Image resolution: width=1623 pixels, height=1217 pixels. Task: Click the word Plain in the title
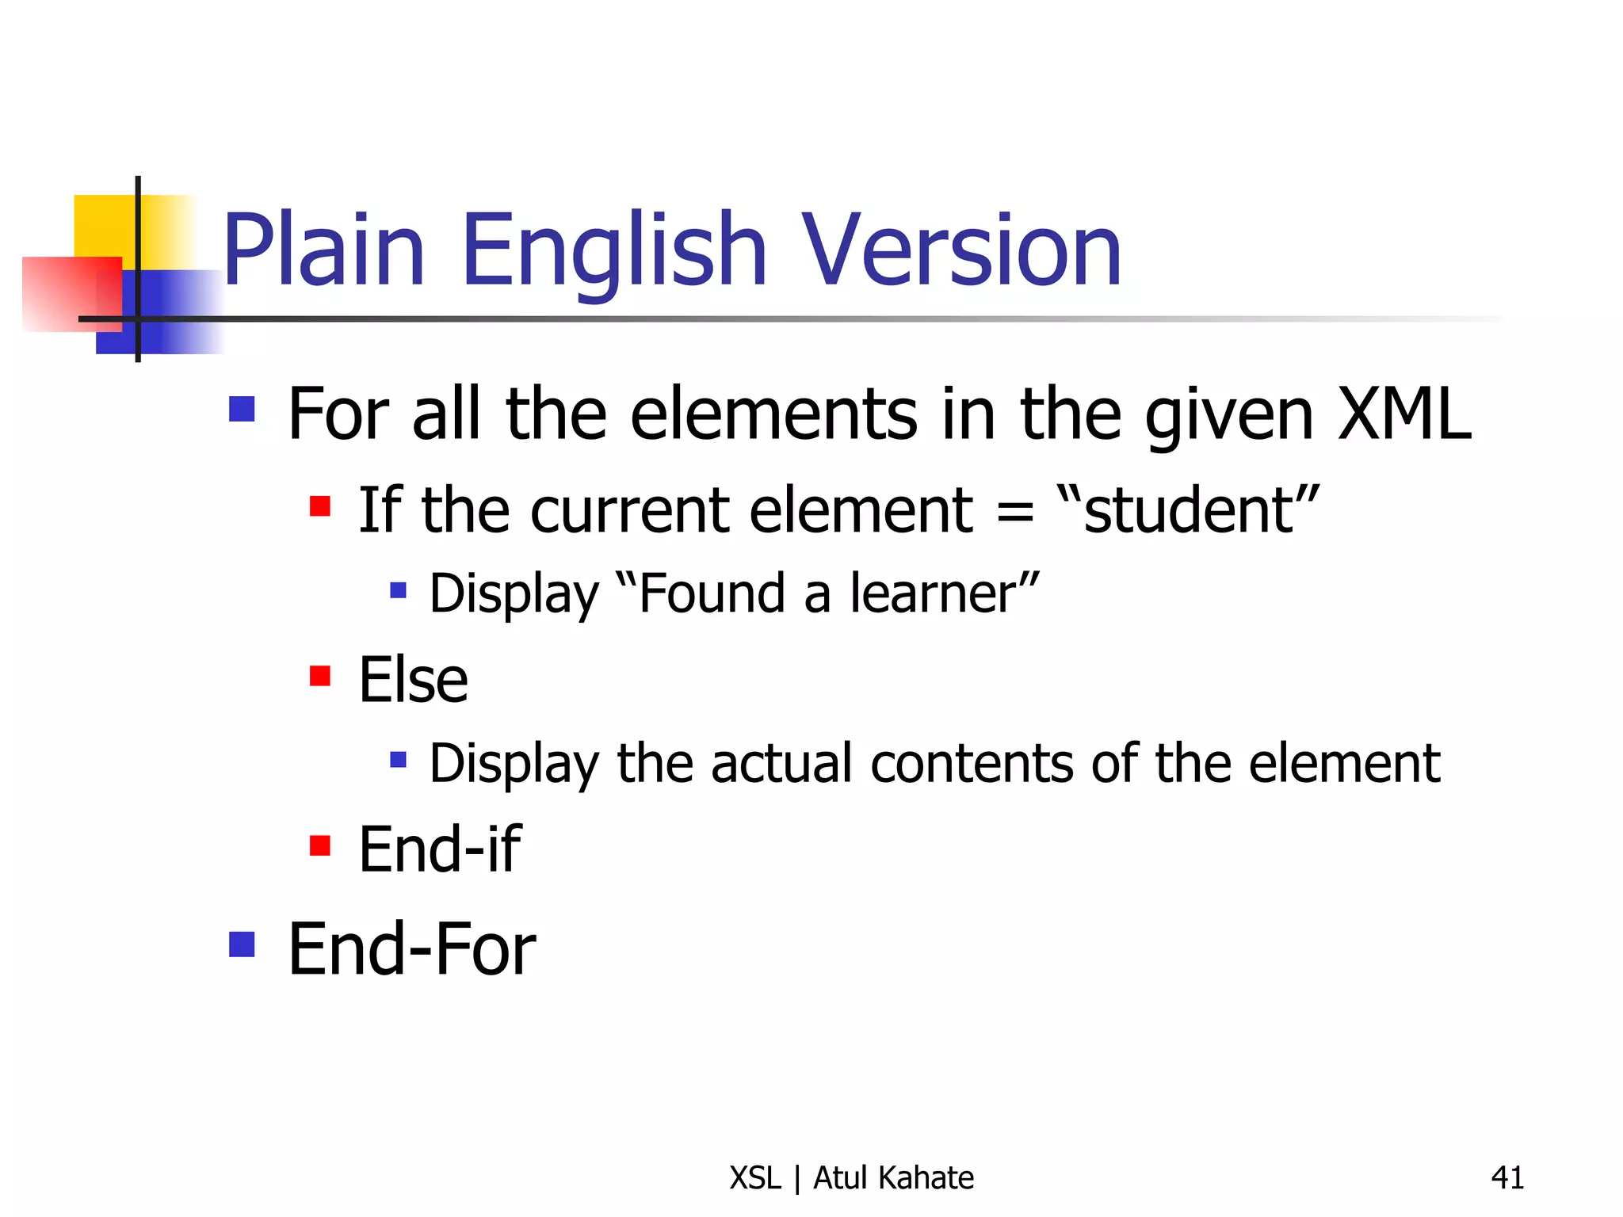pyautogui.click(x=324, y=250)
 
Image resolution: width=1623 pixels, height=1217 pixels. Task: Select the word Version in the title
pyautogui.click(x=962, y=250)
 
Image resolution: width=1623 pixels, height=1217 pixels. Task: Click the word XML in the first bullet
pyautogui.click(x=1404, y=414)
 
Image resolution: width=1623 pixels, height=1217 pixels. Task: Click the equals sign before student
pyautogui.click(x=1015, y=511)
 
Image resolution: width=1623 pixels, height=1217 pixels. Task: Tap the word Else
pyautogui.click(x=413, y=680)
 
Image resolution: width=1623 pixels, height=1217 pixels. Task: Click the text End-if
pyautogui.click(x=440, y=849)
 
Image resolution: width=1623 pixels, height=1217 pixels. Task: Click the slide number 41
pyautogui.click(x=1507, y=1178)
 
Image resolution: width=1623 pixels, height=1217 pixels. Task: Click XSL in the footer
pyautogui.click(x=755, y=1178)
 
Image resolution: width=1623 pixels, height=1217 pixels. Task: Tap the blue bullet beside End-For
pyautogui.click(x=242, y=944)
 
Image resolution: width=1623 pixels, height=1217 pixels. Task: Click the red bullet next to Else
pyautogui.click(x=320, y=676)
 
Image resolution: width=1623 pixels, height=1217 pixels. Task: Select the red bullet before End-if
pyautogui.click(x=320, y=845)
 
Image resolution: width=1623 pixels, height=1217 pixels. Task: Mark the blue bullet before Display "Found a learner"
pyautogui.click(x=398, y=589)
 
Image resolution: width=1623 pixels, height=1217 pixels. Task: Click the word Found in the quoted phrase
pyautogui.click(x=711, y=593)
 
